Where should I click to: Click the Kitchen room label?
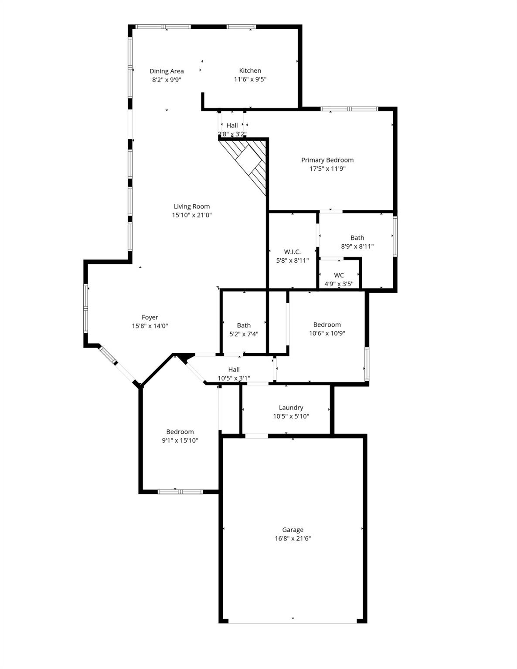[250, 71]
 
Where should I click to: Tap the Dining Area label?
[167, 71]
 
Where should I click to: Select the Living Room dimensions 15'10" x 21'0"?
[192, 215]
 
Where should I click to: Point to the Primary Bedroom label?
[327, 160]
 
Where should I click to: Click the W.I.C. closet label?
[292, 252]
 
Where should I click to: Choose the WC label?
[339, 275]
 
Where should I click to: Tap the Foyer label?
[150, 317]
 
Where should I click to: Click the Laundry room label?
[291, 408]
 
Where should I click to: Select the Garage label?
[293, 530]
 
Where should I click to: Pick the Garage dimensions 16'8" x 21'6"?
[293, 538]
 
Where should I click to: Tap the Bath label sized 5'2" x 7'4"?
[244, 325]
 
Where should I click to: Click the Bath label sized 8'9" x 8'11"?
[357, 237]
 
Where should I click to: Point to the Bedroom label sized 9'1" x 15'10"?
[180, 432]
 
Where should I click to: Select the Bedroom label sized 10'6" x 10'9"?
[327, 324]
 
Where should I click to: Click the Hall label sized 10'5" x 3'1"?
[234, 369]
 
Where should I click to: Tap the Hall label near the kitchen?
[232, 125]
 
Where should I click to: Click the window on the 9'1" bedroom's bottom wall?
[180, 492]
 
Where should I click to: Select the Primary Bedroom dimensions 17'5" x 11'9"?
[327, 169]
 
